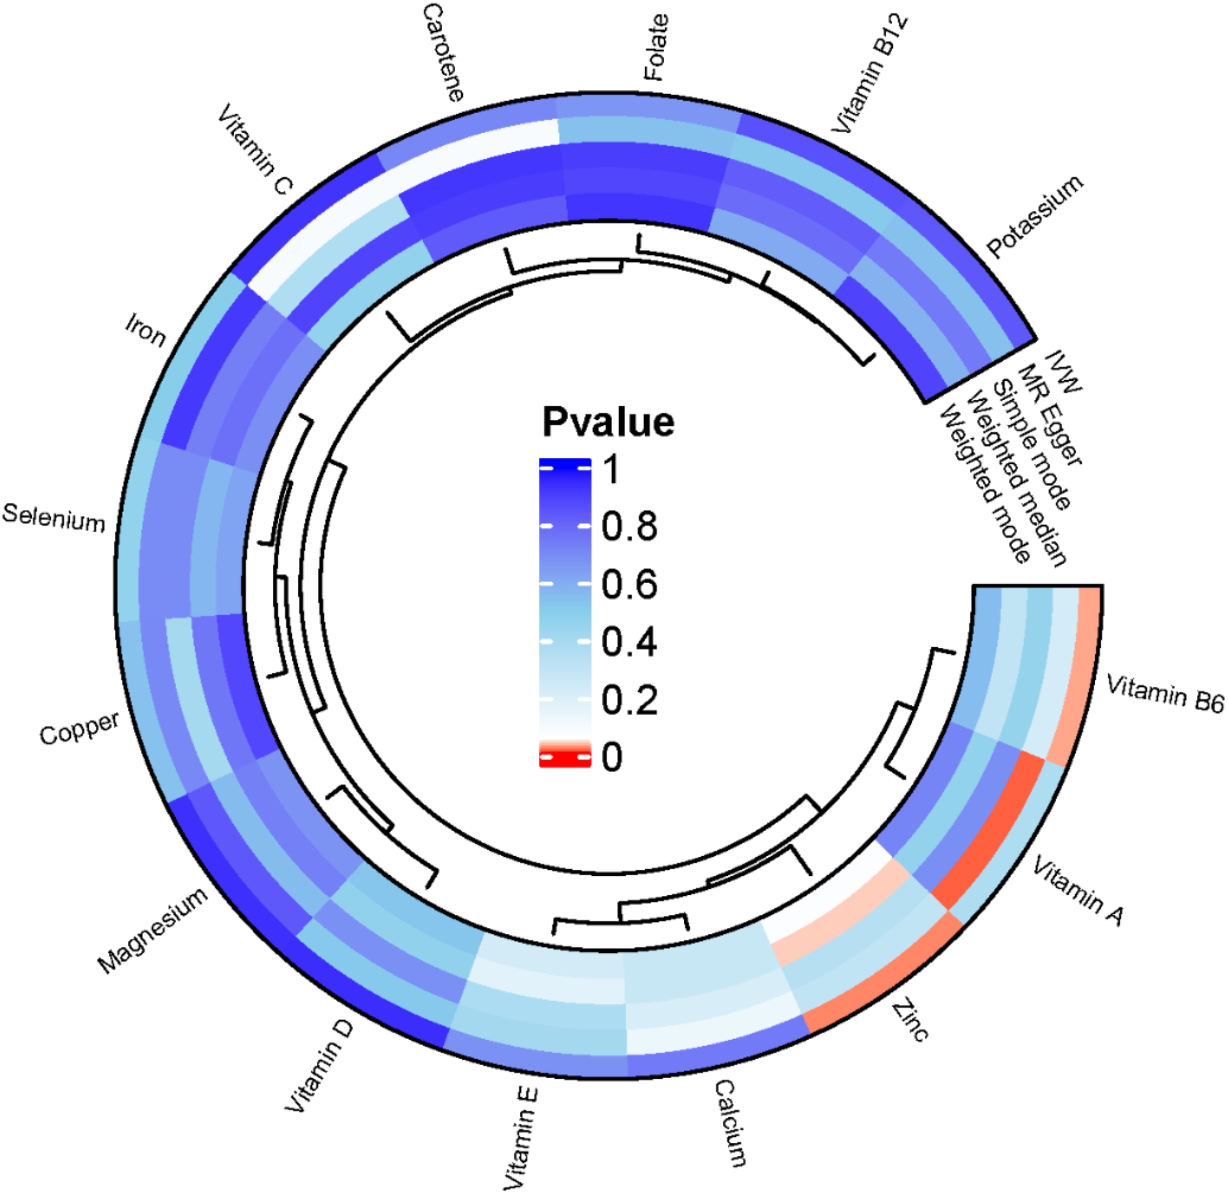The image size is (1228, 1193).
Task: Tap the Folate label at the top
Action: pyautogui.click(x=656, y=47)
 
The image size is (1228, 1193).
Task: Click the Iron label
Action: pyautogui.click(x=146, y=330)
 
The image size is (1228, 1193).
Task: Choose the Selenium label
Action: pyautogui.click(x=54, y=518)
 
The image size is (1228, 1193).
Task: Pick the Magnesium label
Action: pyautogui.click(x=152, y=930)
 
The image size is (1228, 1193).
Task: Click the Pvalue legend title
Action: pyautogui.click(x=608, y=422)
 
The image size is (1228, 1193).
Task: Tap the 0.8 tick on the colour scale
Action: pyautogui.click(x=629, y=526)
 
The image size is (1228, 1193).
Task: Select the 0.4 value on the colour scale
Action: pyautogui.click(x=629, y=642)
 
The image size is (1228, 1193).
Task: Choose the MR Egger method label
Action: pyautogui.click(x=1049, y=416)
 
